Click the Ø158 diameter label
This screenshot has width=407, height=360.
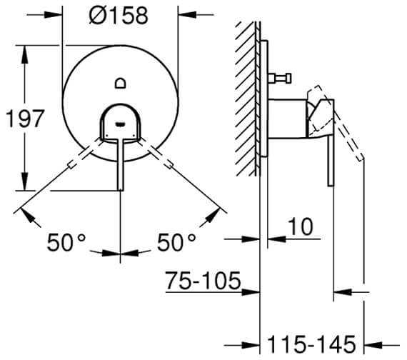pos(119,16)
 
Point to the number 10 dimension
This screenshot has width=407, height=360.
pos(302,228)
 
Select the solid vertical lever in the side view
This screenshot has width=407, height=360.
pos(330,161)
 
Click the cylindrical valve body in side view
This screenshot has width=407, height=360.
pos(286,119)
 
